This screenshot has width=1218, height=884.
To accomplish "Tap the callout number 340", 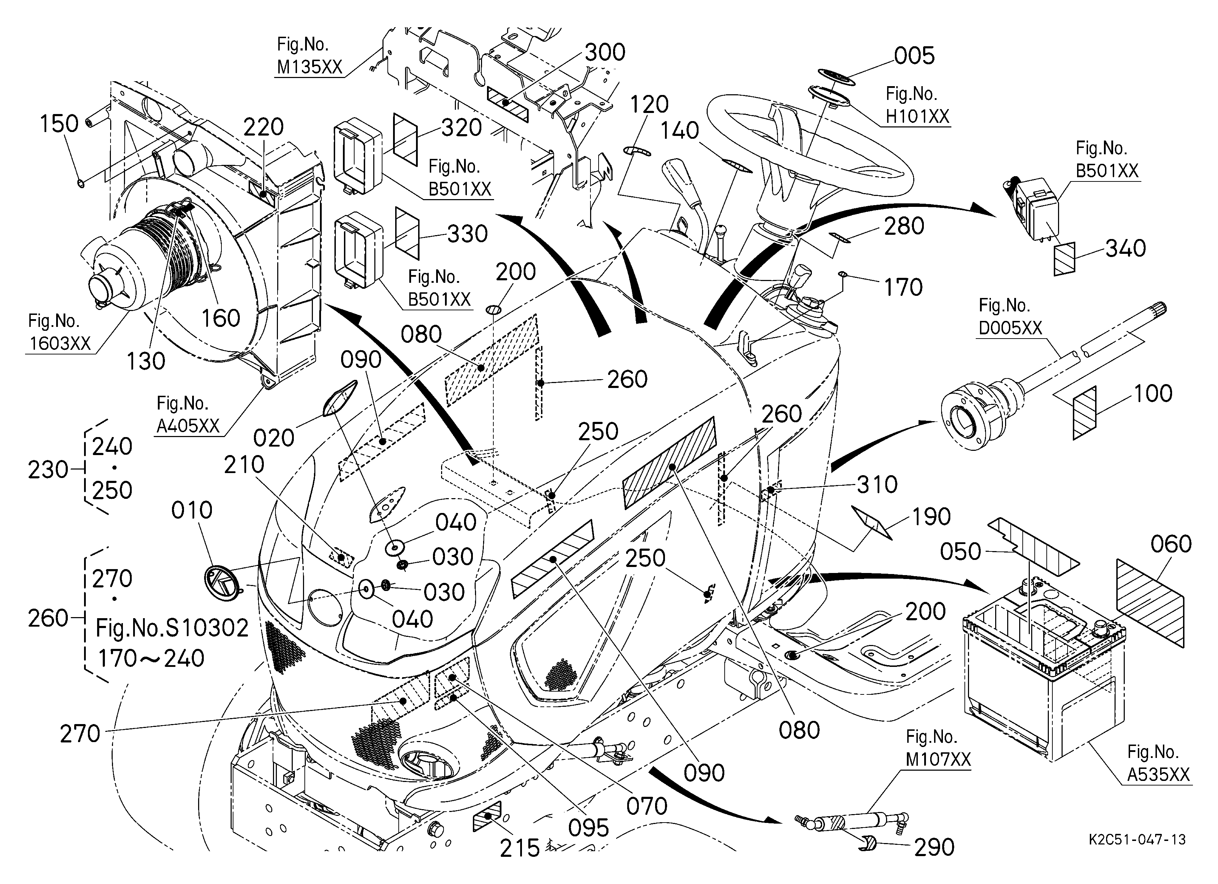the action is pyautogui.click(x=1125, y=249).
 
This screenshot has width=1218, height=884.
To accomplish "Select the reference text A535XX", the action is pyautogui.click(x=1158, y=775).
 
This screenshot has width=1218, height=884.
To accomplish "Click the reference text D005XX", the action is pyautogui.click(x=1010, y=328).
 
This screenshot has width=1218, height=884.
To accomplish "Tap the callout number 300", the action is pyautogui.click(x=605, y=53).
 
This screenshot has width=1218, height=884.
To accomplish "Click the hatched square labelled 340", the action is pyautogui.click(x=1064, y=259).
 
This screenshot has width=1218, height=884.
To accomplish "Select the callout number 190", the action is pyautogui.click(x=932, y=517).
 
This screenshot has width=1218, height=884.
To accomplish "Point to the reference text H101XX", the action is pyautogui.click(x=917, y=117).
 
